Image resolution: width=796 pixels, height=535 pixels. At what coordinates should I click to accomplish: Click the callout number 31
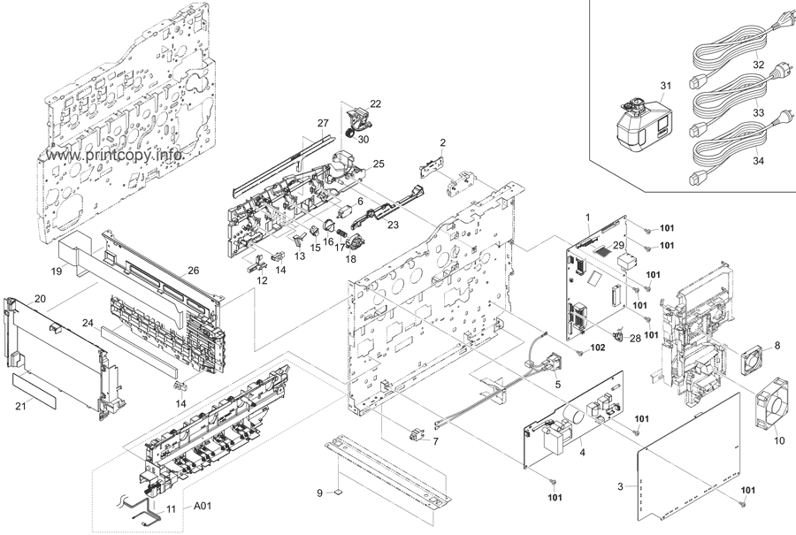666,84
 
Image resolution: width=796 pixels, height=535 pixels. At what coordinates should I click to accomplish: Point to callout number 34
759,161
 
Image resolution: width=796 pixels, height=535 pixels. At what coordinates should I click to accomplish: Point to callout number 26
192,271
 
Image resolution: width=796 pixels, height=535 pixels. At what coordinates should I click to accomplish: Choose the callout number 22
376,104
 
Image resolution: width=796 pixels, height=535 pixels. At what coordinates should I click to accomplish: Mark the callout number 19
56,272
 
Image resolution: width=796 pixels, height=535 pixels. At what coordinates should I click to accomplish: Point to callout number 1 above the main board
586,217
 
